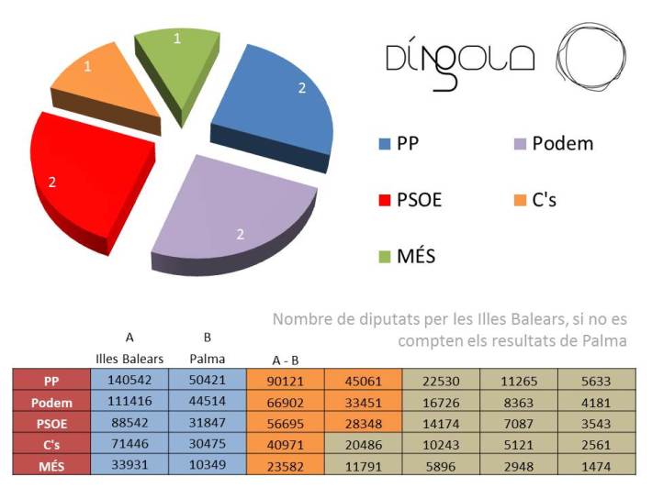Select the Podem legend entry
tap(551, 144)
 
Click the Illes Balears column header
tap(129, 358)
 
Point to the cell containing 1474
tap(597, 468)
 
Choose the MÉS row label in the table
tap(51, 468)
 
